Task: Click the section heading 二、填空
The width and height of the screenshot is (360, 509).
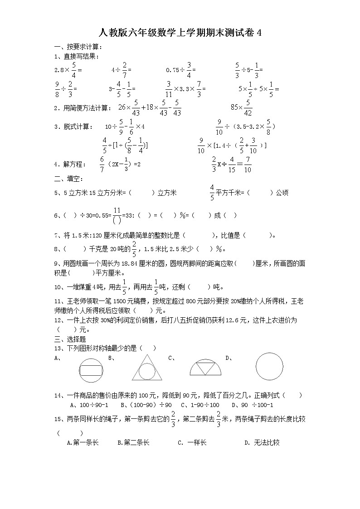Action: [68, 179]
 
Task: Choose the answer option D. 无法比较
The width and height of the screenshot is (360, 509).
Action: [262, 442]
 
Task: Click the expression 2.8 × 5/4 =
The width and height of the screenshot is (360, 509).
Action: [68, 70]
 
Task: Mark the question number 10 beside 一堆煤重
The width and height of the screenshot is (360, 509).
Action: [58, 287]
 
